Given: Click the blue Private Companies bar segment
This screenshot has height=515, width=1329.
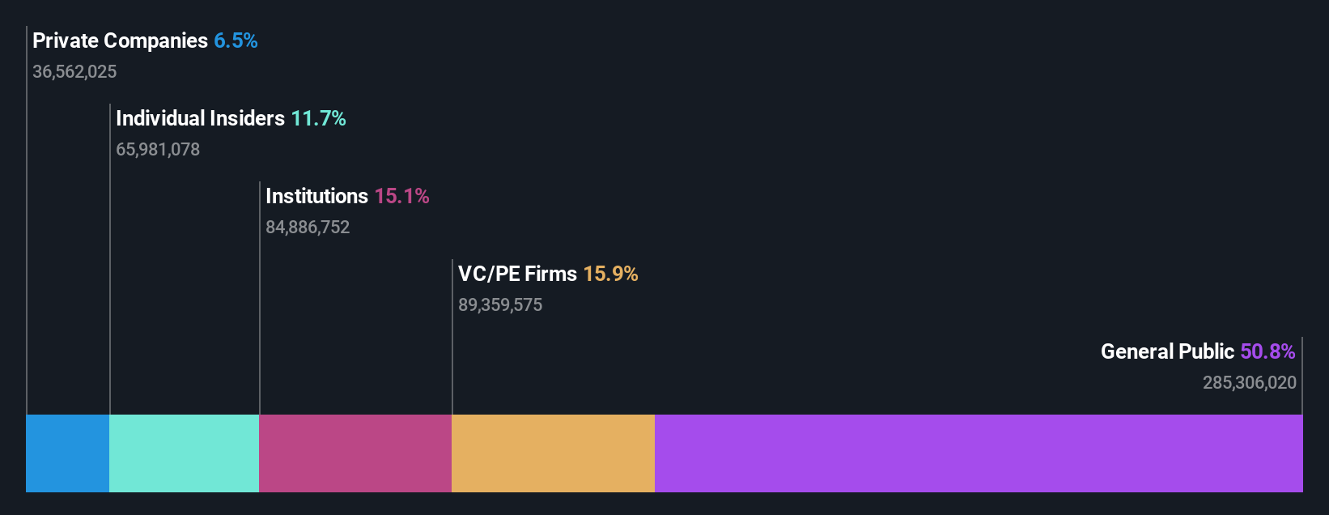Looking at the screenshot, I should [x=67, y=453].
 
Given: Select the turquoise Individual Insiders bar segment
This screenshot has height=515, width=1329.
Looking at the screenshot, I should [x=184, y=453].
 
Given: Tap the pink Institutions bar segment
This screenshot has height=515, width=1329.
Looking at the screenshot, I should [x=355, y=453].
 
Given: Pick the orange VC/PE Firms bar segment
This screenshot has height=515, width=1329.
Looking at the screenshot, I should [x=553, y=453].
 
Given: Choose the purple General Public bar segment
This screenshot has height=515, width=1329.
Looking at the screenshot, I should [x=979, y=453].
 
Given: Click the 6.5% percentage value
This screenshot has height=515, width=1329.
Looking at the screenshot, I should [x=236, y=40].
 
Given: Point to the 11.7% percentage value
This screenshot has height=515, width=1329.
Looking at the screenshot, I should [x=318, y=118].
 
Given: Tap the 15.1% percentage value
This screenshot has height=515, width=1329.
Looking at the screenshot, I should [x=401, y=196].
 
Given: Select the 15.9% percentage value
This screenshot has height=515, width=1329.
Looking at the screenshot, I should [x=610, y=274].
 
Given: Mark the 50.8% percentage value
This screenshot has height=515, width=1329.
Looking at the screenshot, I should [x=1267, y=351].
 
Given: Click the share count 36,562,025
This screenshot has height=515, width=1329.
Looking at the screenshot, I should [x=74, y=71].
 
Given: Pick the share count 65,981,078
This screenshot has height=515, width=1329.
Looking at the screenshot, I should [x=158, y=149].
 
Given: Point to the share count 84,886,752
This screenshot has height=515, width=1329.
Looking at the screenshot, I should [x=308, y=227].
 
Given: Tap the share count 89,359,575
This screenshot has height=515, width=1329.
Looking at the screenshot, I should [x=500, y=304].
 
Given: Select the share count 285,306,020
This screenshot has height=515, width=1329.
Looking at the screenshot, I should [x=1250, y=382].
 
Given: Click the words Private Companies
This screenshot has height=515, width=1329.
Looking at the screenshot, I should [x=120, y=40].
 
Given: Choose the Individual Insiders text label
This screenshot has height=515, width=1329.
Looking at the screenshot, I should [x=200, y=118].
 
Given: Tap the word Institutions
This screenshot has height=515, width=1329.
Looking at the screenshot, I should [x=316, y=196].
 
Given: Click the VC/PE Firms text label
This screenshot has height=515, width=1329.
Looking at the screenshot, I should [x=517, y=274].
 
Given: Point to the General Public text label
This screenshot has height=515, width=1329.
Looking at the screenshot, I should [x=1167, y=351].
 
